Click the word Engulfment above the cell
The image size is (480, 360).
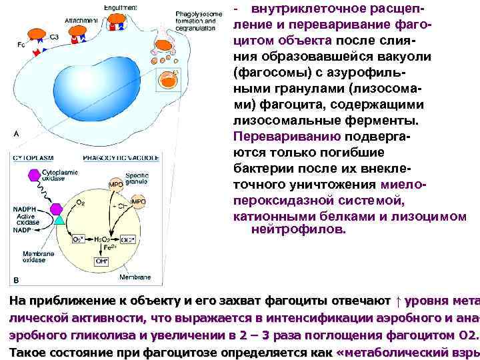120,7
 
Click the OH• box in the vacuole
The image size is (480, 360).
103,262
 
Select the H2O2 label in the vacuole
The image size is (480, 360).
103,239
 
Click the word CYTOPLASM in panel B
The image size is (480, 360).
33,157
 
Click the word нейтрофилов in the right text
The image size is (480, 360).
299,229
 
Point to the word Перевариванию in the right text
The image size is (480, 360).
287,137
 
